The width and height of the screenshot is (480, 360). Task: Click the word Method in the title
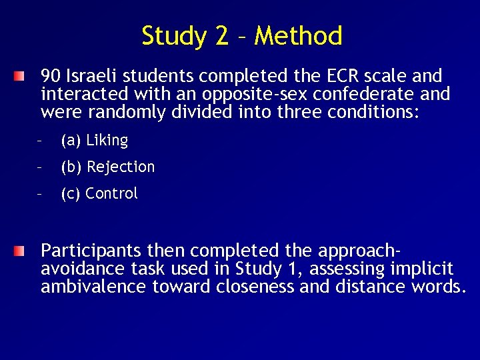298,36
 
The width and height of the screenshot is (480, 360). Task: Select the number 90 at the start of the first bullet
51,76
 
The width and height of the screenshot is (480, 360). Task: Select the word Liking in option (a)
107,141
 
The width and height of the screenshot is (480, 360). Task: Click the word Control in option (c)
111,194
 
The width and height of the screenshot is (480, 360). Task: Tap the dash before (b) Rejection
40,167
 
